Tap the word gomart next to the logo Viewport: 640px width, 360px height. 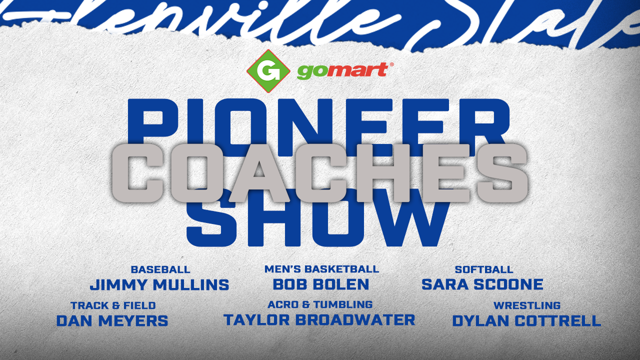tap(342, 71)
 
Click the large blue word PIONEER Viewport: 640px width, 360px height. tap(319, 120)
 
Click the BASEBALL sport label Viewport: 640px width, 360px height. tap(160, 269)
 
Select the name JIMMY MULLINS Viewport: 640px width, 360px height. tap(159, 285)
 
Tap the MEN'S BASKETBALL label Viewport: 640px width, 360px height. tap(321, 269)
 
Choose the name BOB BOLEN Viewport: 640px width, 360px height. tap(321, 284)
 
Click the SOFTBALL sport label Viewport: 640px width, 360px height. tap(484, 269)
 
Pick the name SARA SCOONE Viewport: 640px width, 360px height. tap(482, 284)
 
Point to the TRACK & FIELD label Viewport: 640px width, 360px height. tap(113, 305)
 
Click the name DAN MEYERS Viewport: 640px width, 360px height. tap(112, 320)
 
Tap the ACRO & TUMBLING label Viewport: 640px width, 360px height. tap(320, 304)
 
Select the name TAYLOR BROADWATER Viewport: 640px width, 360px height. tap(319, 319)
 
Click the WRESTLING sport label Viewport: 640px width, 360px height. tap(527, 305)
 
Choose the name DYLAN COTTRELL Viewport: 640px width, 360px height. tap(526, 320)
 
